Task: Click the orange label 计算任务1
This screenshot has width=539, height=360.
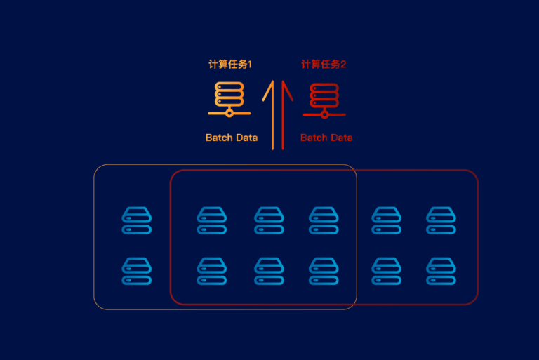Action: pyautogui.click(x=230, y=65)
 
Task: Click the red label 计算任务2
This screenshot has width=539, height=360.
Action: pyautogui.click(x=324, y=65)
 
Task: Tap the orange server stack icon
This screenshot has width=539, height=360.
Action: pyautogui.click(x=229, y=99)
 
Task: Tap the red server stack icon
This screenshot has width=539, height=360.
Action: pyautogui.click(x=324, y=99)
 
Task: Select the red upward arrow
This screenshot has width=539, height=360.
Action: pyautogui.click(x=284, y=112)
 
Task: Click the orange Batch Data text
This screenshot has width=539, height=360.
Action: pyautogui.click(x=232, y=138)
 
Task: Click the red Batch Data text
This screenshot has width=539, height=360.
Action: pyautogui.click(x=326, y=138)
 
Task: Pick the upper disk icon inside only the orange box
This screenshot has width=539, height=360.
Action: pyautogui.click(x=137, y=220)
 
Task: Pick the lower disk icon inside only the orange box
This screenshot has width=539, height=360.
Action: pyautogui.click(x=137, y=271)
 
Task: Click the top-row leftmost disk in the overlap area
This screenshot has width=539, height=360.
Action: pyautogui.click(x=212, y=220)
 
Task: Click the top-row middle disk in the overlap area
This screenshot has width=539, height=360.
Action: pyautogui.click(x=269, y=220)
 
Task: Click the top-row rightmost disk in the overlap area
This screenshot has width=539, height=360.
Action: pyautogui.click(x=324, y=220)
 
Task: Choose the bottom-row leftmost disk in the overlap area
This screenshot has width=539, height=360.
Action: pyautogui.click(x=212, y=271)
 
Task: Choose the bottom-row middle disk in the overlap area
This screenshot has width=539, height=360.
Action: pyautogui.click(x=269, y=271)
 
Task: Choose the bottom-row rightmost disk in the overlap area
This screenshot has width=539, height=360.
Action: pyautogui.click(x=324, y=271)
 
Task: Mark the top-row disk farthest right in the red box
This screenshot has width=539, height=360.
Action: pyautogui.click(x=441, y=220)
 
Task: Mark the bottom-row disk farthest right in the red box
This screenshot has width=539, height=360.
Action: pyautogui.click(x=441, y=271)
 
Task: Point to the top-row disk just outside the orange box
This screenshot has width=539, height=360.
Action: pyautogui.click(x=386, y=220)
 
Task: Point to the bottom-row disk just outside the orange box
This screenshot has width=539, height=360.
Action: pyautogui.click(x=386, y=271)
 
